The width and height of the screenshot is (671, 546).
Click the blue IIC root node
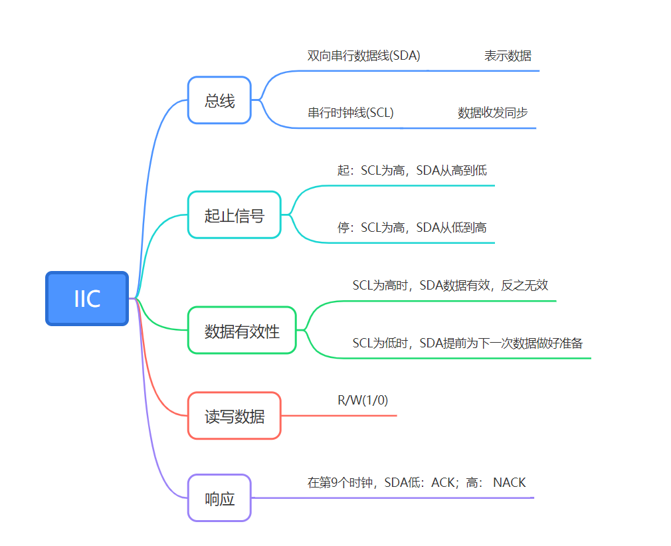click(87, 299)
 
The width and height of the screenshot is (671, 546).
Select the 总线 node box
click(219, 100)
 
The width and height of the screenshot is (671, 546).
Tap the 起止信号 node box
click(234, 215)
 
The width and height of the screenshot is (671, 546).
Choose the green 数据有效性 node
click(242, 331)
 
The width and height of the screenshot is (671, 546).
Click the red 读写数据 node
click(234, 416)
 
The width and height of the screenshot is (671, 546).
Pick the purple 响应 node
click(219, 498)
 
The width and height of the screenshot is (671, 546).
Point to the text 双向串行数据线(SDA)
click(363, 56)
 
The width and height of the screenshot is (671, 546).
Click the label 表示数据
click(508, 56)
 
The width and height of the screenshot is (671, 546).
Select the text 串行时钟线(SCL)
click(350, 113)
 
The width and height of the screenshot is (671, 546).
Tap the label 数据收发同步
click(492, 113)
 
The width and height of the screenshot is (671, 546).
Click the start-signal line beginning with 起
click(412, 171)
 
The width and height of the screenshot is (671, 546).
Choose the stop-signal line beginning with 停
click(412, 228)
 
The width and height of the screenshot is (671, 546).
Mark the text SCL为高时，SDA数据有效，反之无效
click(450, 286)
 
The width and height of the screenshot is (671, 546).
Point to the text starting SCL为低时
click(467, 343)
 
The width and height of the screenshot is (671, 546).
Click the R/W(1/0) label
click(363, 401)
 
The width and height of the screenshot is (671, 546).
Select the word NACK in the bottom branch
click(510, 483)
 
